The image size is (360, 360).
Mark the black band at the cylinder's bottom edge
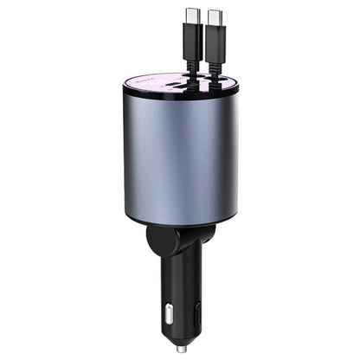(182, 223)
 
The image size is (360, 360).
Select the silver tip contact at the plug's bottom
(180, 349)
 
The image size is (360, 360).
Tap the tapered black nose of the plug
(180, 333)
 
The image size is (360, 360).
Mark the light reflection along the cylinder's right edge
(230, 156)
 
